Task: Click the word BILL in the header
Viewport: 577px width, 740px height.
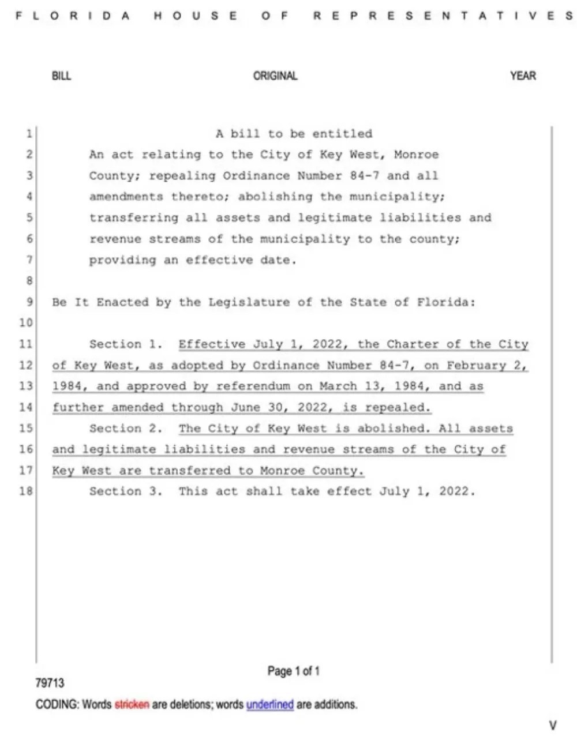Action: pyautogui.click(x=62, y=76)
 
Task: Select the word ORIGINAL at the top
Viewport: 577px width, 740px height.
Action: pyautogui.click(x=275, y=76)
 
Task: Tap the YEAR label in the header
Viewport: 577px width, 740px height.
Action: pyautogui.click(x=523, y=76)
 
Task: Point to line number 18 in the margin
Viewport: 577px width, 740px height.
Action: pyautogui.click(x=26, y=491)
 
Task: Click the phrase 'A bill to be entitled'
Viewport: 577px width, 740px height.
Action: pyautogui.click(x=294, y=134)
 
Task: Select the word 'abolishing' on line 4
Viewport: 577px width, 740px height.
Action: pyautogui.click(x=275, y=197)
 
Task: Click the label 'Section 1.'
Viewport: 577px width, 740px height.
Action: pyautogui.click(x=126, y=344)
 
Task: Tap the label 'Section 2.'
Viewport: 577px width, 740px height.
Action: pyautogui.click(x=126, y=429)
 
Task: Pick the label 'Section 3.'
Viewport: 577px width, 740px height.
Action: pyautogui.click(x=126, y=491)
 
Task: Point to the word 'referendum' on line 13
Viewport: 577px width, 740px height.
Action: pyautogui.click(x=253, y=386)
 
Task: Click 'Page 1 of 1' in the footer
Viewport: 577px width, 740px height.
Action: pyautogui.click(x=293, y=671)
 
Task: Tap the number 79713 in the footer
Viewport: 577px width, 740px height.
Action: pyautogui.click(x=50, y=683)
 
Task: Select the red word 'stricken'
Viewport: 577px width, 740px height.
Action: pyautogui.click(x=132, y=704)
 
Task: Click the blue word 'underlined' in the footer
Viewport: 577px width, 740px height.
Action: pyautogui.click(x=270, y=704)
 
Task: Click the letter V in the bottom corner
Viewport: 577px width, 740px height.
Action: pyautogui.click(x=553, y=726)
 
